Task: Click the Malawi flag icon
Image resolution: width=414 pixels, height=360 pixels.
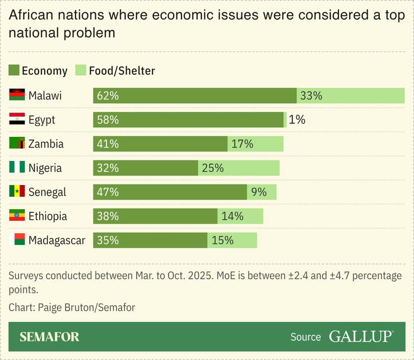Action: click(17, 95)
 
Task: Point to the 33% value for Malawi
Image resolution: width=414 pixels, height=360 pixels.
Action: click(311, 95)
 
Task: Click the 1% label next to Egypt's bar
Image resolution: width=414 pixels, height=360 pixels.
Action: click(297, 119)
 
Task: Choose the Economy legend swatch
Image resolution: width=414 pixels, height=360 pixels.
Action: click(14, 71)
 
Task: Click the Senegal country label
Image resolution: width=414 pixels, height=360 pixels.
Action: click(47, 192)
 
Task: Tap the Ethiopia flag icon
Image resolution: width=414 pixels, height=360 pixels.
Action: click(17, 216)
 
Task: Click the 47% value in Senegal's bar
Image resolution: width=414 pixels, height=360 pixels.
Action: click(108, 192)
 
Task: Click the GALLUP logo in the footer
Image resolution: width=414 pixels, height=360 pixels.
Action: click(361, 336)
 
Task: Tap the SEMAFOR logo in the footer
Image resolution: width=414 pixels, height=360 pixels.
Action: click(49, 337)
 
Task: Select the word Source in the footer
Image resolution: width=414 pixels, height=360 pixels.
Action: click(305, 337)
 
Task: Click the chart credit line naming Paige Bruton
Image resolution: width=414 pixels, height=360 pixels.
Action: click(72, 307)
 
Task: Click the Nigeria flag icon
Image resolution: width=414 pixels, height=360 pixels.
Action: click(17, 168)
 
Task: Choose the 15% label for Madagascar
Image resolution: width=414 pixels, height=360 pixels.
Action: click(222, 240)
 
